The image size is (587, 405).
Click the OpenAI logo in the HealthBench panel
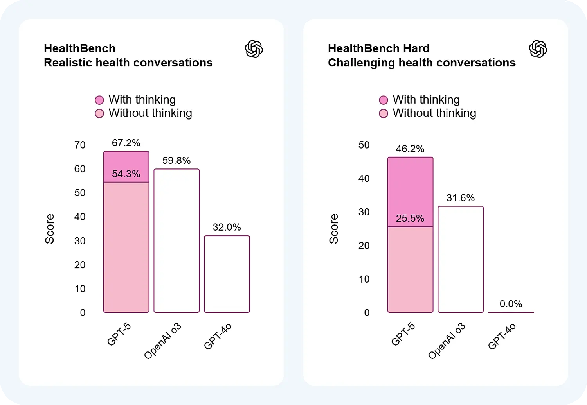pyautogui.click(x=254, y=49)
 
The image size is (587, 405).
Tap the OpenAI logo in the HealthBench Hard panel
pyautogui.click(x=538, y=49)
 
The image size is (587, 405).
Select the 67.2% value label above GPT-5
pyautogui.click(x=126, y=143)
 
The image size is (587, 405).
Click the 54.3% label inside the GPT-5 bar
pyautogui.click(x=126, y=174)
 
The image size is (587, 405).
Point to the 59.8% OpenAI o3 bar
pyautogui.click(x=176, y=240)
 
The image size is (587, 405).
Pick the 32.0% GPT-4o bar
pyautogui.click(x=227, y=274)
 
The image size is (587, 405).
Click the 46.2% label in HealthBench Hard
pyautogui.click(x=410, y=149)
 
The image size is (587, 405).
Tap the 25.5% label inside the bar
pyautogui.click(x=410, y=218)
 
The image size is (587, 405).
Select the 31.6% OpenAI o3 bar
pyautogui.click(x=461, y=259)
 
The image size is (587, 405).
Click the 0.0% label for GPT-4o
pyautogui.click(x=511, y=304)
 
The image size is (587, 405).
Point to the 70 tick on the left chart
pyautogui.click(x=80, y=145)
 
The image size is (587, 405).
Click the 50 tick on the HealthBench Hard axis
pyautogui.click(x=364, y=145)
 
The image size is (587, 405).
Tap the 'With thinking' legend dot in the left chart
pyautogui.click(x=99, y=100)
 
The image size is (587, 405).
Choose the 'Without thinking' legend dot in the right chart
pyautogui.click(x=384, y=113)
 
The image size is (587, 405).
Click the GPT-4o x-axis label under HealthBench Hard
pyautogui.click(x=502, y=337)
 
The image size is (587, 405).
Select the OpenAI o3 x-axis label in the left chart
pyautogui.click(x=163, y=341)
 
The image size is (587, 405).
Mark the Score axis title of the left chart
pyautogui.click(x=50, y=229)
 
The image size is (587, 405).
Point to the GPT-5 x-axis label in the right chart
pyautogui.click(x=403, y=334)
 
